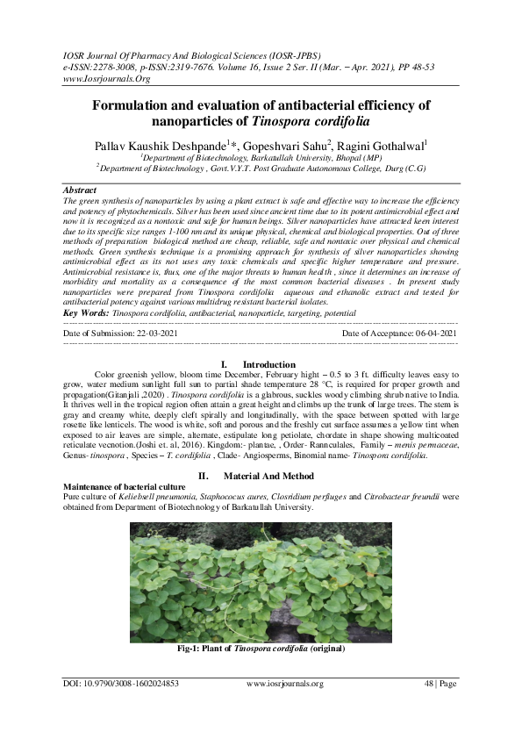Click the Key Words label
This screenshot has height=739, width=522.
coord(87,312)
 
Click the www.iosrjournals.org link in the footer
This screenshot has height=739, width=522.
coord(285,684)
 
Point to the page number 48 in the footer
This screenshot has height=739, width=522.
coord(430,684)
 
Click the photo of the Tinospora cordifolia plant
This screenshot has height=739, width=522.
coord(260,583)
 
